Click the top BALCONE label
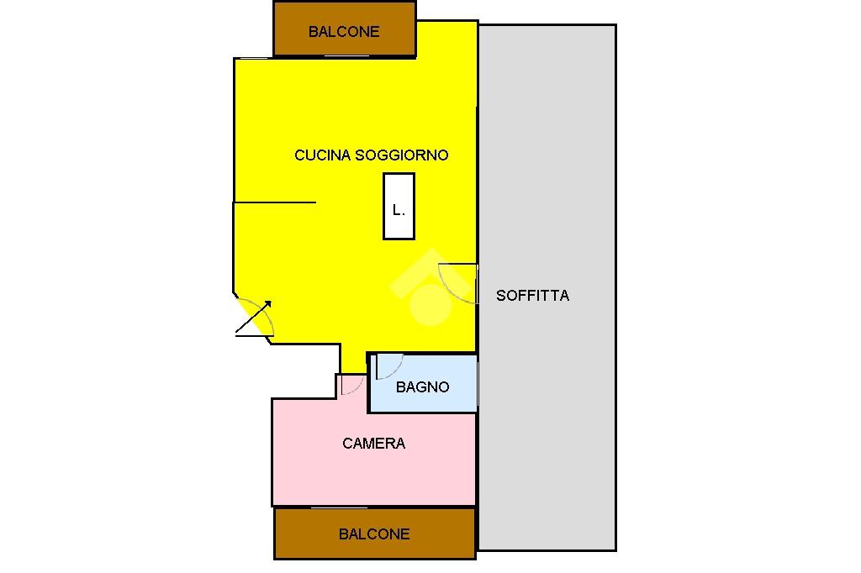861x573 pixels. point(344,32)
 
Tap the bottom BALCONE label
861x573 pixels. point(374,534)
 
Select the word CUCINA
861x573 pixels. point(323,155)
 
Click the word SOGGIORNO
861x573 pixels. point(402,155)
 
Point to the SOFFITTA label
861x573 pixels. point(532,296)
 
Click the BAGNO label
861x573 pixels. point(422,387)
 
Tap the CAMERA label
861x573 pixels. point(374,444)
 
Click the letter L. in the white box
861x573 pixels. point(399,211)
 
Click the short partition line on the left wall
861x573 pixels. point(274,202)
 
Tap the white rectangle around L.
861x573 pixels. point(399,187)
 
